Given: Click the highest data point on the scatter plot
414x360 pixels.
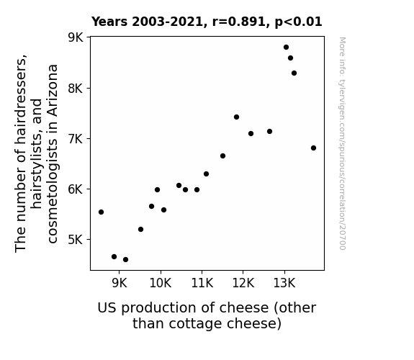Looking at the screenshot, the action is (x=286, y=48).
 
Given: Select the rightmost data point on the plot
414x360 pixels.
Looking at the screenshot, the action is (x=313, y=148).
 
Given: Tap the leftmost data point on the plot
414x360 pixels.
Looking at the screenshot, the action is (x=101, y=212).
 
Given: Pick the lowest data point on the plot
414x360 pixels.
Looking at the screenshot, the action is (x=126, y=260).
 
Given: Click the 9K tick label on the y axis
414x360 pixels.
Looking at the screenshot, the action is (x=76, y=37).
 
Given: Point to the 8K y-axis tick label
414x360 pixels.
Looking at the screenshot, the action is (x=76, y=89).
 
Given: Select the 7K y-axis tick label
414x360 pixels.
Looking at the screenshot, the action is (x=76, y=139).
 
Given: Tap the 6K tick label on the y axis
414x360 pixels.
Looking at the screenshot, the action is (x=76, y=189).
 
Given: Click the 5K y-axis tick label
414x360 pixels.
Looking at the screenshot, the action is (x=76, y=240).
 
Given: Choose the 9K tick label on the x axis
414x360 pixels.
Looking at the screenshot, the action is (x=120, y=283).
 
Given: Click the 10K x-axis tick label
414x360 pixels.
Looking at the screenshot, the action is (x=161, y=283).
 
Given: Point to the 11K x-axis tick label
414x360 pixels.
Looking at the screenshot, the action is (x=202, y=283).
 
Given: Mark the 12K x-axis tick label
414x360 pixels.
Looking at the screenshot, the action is (x=243, y=283).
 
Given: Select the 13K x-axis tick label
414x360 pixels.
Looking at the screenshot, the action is (x=284, y=283).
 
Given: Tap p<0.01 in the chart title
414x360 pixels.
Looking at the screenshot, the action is (x=298, y=22).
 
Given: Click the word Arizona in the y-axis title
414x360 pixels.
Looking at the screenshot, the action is (x=53, y=90).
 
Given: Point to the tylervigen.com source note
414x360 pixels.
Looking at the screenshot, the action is (x=342, y=143).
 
